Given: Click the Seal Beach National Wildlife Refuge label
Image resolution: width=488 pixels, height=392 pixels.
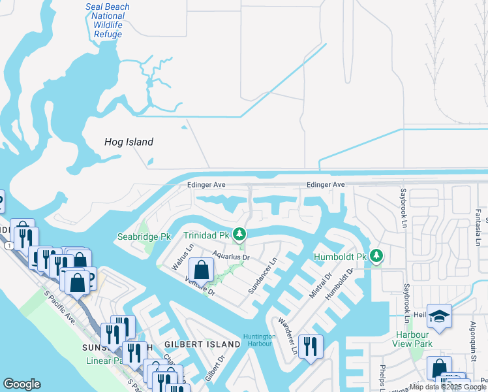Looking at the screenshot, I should click(x=108, y=21).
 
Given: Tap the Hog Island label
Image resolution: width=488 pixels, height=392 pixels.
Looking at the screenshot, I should click(x=129, y=142).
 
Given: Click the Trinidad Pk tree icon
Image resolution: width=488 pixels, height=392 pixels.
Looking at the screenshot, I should click(x=240, y=234).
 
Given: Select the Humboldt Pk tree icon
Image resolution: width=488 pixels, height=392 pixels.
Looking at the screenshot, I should click(x=376, y=255).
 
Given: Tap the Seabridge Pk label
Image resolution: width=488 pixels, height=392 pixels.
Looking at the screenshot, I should click(x=139, y=236).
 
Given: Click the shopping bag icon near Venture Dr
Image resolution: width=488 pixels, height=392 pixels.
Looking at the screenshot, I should click(x=202, y=269).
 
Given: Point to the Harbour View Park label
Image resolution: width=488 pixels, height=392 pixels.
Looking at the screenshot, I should click(x=414, y=339).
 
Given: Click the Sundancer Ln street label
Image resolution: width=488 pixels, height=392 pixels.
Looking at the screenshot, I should click(x=262, y=275).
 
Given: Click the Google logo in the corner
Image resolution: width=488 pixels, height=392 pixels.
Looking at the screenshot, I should click(x=22, y=384).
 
